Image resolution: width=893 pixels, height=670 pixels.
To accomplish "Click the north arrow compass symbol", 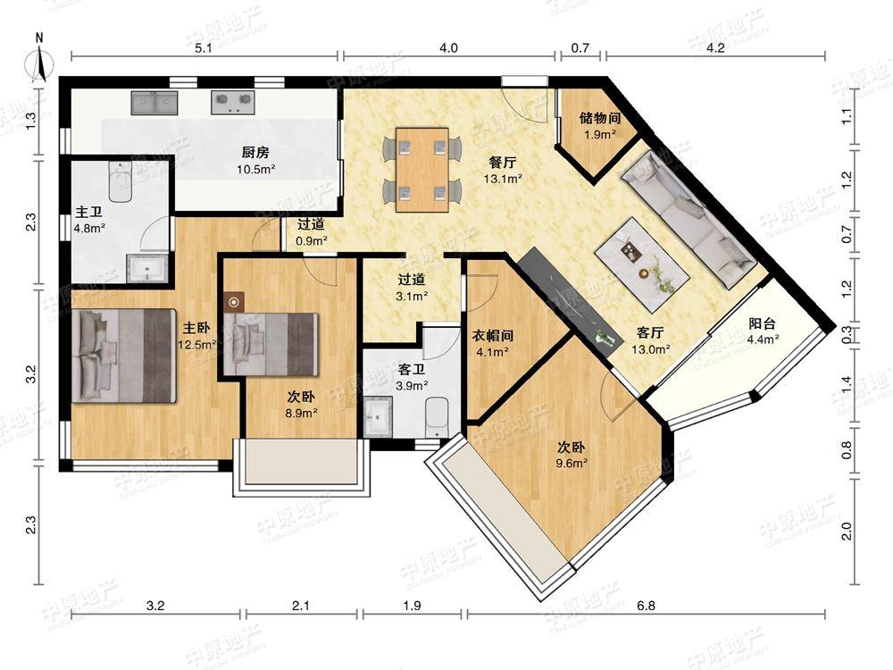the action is point(40,58).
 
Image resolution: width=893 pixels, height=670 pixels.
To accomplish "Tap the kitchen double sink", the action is point(154,103).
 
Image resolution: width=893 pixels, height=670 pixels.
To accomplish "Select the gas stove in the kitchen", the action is point(232,103).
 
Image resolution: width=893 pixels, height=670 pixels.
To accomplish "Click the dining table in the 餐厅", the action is point(422,170).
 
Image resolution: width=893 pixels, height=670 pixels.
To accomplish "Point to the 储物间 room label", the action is point(600,118).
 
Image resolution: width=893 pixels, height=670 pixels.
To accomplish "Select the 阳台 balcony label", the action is point(762,323).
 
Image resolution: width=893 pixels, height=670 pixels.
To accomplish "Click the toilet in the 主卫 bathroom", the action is point(121,181).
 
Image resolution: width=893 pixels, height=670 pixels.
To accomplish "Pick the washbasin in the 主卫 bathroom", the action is point(147,269).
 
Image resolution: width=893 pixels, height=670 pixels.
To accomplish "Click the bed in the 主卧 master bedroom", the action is point(123,356).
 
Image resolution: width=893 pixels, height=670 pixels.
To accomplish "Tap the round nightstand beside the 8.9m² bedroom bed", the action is point(233,302).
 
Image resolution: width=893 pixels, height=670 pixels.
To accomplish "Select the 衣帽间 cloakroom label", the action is point(493,335).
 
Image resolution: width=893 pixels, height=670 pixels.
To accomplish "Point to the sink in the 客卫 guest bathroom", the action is point(377,417).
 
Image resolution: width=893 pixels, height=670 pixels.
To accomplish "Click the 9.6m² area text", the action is point(572,463).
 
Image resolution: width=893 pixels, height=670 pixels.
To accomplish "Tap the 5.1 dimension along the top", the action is point(204,48).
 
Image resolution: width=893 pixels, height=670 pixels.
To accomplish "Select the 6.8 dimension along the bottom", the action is point(647,605).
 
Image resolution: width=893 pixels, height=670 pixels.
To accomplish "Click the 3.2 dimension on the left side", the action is point(30,373).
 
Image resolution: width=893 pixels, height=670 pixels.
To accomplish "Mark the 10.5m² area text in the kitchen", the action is point(256,169).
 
